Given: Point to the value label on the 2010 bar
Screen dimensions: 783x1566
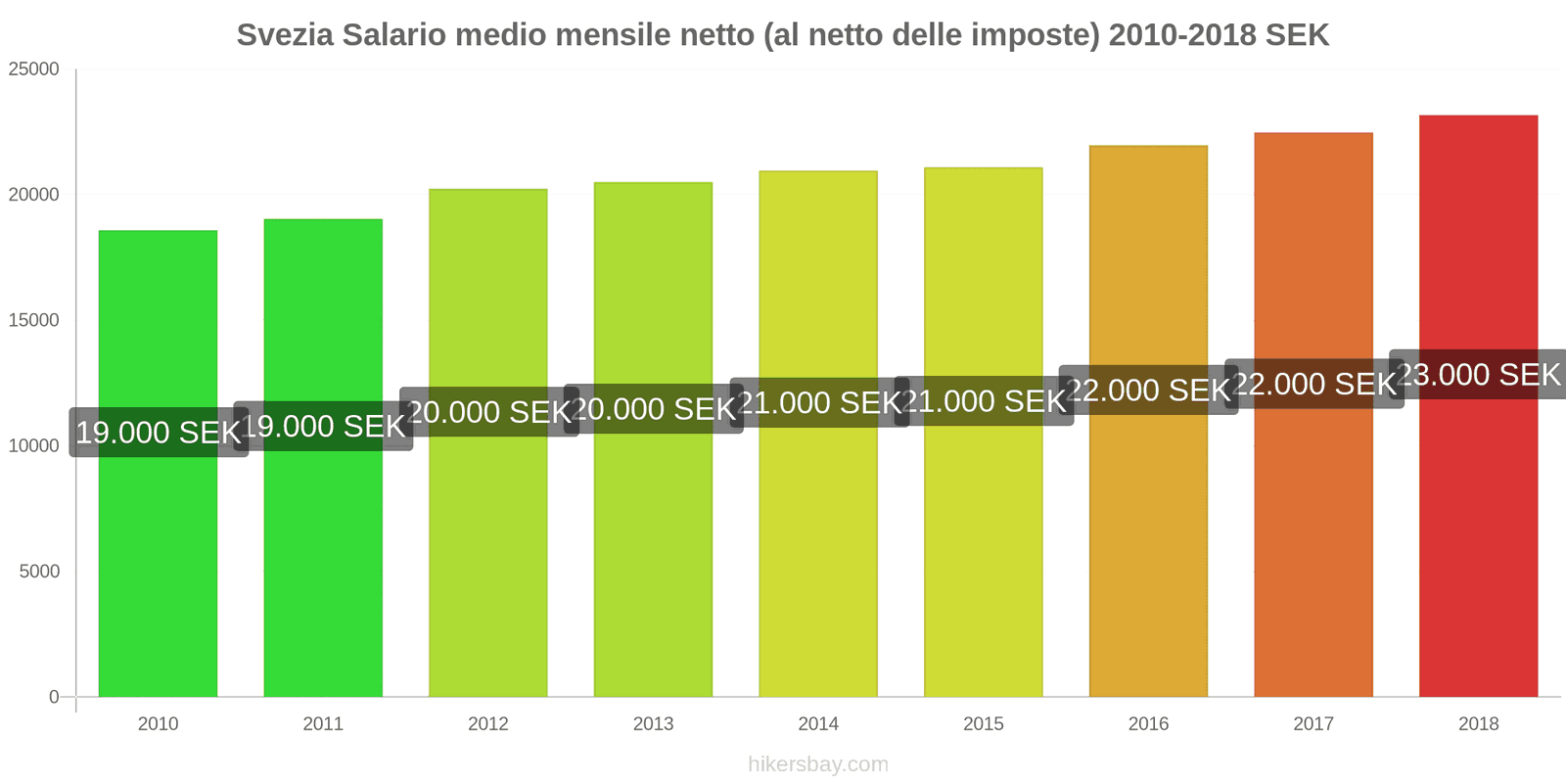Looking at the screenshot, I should coord(159,433).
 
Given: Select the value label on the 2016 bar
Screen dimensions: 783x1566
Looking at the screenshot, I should coord(1148,391).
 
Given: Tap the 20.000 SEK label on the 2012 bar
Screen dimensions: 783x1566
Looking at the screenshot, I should coord(488,412).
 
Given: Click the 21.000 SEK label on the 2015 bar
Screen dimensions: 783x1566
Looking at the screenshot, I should coord(984,401).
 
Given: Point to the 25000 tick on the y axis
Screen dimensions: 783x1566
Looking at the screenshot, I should coord(34,69).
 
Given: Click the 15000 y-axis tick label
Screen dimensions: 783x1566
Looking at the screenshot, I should coord(34,320).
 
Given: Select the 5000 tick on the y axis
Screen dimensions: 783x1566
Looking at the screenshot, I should coord(39,572).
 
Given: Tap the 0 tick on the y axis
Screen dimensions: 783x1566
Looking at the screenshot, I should coord(54,697).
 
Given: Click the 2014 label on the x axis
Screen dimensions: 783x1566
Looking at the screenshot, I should coord(818,724).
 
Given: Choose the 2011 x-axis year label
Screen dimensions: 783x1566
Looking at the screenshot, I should coord(323,724).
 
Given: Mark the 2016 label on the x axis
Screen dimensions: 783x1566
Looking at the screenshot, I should coord(1148,724).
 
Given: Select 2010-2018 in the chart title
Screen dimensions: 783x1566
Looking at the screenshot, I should coord(1182,35).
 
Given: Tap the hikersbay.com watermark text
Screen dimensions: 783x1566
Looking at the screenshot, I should coord(818,764).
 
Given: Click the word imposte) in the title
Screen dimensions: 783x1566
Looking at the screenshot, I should coord(1036,35).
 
